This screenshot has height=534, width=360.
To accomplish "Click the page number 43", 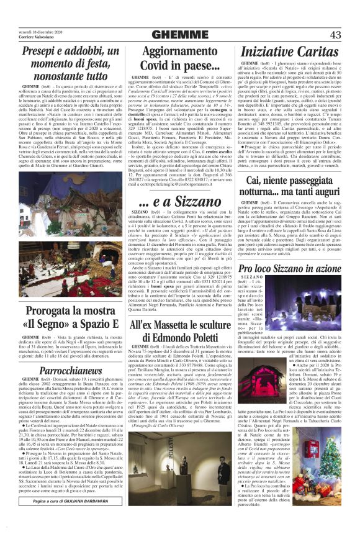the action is point(335,35).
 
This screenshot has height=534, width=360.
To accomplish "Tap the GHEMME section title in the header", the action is point(179,35).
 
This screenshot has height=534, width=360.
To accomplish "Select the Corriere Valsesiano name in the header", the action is point(38,38).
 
